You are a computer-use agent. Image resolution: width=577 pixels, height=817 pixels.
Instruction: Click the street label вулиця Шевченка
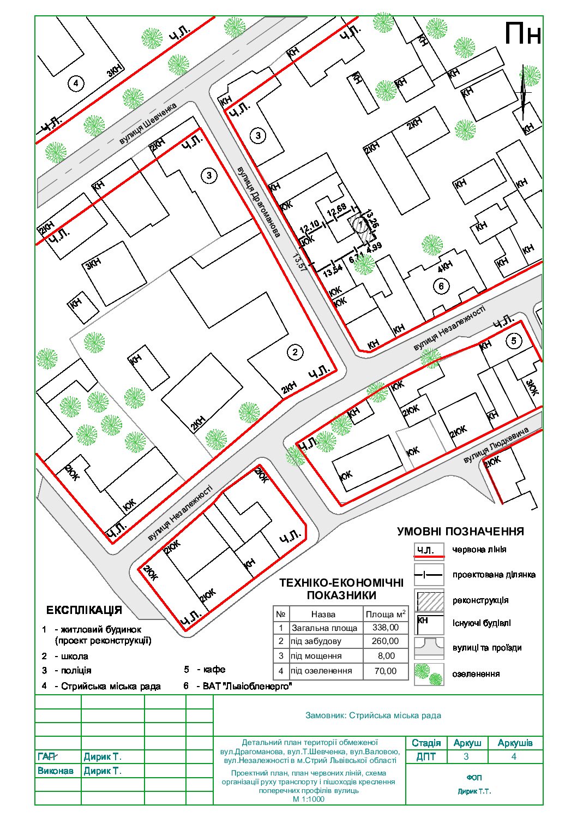pyautogui.click(x=148, y=124)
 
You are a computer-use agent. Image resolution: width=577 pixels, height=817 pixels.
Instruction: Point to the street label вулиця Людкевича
pyautogui.click(x=496, y=446)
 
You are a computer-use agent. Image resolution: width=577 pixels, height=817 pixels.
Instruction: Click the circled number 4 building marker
pyautogui.click(x=76, y=84)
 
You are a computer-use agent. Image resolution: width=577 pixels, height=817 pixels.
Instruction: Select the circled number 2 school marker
pyautogui.click(x=294, y=352)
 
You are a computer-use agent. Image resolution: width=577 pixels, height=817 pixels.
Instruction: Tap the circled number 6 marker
pyautogui.click(x=441, y=285)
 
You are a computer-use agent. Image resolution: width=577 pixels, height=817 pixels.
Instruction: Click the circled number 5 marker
pyautogui.click(x=514, y=341)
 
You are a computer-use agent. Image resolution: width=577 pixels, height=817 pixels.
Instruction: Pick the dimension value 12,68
pyautogui.click(x=336, y=209)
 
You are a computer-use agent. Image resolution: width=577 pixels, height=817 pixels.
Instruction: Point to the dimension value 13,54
pyautogui.click(x=332, y=271)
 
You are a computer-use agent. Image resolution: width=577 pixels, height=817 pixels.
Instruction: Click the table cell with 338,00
pyautogui.click(x=385, y=628)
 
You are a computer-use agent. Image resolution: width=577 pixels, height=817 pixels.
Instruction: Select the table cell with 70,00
pyautogui.click(x=385, y=671)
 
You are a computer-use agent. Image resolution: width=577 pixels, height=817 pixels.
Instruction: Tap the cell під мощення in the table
pyautogui.click(x=316, y=656)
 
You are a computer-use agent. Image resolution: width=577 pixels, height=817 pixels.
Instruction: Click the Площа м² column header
pyautogui.click(x=385, y=613)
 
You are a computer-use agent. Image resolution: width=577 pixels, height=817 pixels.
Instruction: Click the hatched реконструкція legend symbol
pyautogui.click(x=429, y=600)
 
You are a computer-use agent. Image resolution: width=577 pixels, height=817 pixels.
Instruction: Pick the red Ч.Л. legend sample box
pyautogui.click(x=429, y=550)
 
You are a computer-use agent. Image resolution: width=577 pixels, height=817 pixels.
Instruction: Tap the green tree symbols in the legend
pyautogui.click(x=429, y=674)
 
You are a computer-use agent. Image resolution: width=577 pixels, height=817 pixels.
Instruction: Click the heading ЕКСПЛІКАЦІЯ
pyautogui.click(x=84, y=610)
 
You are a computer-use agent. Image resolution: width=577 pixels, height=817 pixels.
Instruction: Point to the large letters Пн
pyautogui.click(x=522, y=34)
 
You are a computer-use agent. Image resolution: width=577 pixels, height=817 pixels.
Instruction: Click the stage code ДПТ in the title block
pyautogui.click(x=426, y=757)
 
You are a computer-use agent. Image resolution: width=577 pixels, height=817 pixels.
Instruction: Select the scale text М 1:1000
pyautogui.click(x=308, y=799)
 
